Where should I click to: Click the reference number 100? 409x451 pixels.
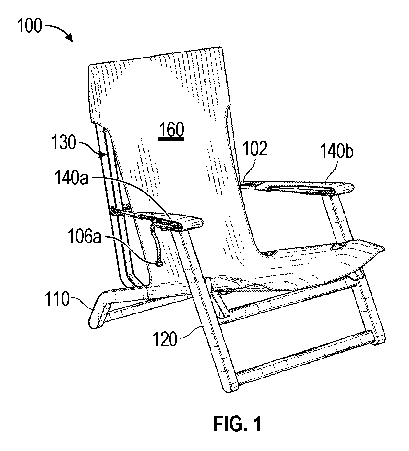[x=30, y=26]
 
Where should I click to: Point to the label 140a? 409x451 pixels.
[x=71, y=178]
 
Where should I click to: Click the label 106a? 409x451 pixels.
[x=84, y=236]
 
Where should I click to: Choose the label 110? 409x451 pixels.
[x=57, y=299]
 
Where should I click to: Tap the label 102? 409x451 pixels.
[x=255, y=149]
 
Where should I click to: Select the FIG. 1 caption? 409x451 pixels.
[x=238, y=424]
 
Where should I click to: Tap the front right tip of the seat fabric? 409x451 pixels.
[x=384, y=249]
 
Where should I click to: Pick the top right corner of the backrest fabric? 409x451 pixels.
[x=222, y=48]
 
